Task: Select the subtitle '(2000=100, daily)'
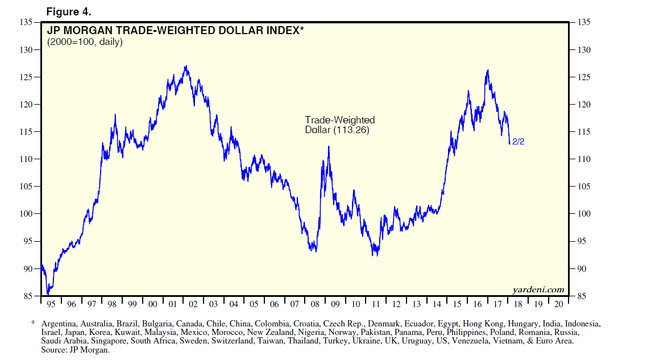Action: point(85,42)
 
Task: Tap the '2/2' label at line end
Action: point(518,142)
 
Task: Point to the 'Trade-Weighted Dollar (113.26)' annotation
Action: point(340,125)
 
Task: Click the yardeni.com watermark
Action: point(537,289)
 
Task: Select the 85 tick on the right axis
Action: point(583,296)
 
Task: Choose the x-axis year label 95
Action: point(51,304)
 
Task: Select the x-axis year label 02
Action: point(193,304)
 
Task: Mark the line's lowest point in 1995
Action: point(48,293)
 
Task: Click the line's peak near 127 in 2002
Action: point(185,66)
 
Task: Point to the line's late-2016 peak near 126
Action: point(488,71)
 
